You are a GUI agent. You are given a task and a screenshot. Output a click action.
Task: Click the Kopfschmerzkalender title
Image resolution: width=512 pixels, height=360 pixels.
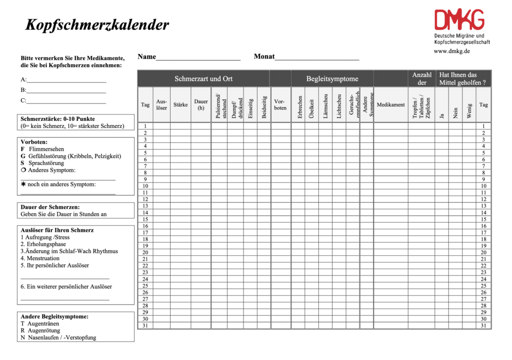[97, 25]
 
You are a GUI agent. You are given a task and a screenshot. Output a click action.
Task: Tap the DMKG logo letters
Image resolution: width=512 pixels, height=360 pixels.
[459, 20]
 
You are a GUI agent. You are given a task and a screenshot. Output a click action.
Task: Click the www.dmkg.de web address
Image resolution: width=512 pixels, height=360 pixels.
[451, 51]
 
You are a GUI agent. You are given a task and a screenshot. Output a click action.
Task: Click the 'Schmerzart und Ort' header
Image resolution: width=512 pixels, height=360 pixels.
[203, 78]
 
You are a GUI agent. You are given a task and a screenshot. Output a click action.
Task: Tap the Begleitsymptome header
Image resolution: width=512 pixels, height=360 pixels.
[332, 78]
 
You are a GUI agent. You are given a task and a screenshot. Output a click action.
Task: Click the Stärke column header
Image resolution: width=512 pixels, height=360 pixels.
[180, 105]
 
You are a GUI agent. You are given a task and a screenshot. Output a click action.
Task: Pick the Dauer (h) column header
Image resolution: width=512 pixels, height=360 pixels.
[201, 104]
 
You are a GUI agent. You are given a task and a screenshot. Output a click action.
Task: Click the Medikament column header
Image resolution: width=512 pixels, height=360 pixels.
[390, 105]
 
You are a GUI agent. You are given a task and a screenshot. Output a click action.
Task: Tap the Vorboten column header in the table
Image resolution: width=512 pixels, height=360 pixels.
[280, 104]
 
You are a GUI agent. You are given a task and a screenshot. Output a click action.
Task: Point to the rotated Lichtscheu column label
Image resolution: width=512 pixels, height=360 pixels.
[339, 106]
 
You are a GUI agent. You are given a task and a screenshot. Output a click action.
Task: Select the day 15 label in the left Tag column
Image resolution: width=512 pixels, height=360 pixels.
[145, 219]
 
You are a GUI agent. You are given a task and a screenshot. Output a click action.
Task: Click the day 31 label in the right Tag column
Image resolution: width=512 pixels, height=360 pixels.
[483, 325]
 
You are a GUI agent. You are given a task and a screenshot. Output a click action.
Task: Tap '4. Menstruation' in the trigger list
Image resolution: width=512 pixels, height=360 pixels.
[40, 258]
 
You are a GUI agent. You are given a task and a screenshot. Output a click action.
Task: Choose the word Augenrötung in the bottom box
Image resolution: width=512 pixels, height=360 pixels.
[44, 330]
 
